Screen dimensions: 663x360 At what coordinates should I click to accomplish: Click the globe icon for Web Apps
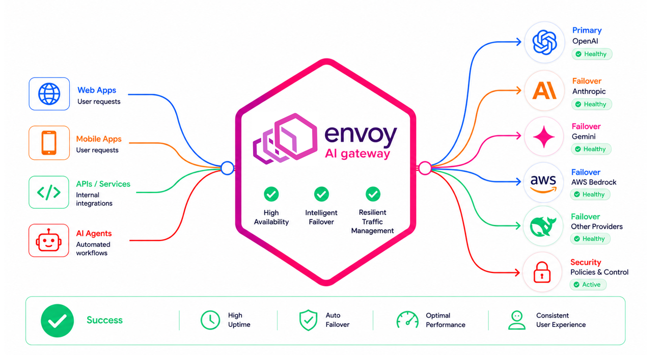pos(49,94)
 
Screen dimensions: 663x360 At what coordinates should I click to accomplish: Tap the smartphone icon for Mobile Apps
pos(49,143)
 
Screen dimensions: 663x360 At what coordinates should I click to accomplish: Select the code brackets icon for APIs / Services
pos(49,192)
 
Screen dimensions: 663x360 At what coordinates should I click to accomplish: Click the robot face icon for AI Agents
pos(48,240)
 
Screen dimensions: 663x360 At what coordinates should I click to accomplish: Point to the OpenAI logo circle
pos(544,42)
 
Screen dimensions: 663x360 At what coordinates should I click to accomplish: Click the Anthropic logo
pos(544,90)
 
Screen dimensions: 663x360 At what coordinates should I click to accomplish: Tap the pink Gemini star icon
pos(544,136)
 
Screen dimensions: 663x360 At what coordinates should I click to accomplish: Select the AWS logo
pos(543,183)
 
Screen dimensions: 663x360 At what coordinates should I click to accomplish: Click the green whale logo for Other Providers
pos(543,227)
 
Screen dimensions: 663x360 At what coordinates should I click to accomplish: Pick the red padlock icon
pos(542,272)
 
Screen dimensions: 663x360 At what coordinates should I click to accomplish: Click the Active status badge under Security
pos(588,285)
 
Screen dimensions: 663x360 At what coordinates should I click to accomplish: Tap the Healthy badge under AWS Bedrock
pos(590,194)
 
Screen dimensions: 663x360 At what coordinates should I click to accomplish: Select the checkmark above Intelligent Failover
pos(321,194)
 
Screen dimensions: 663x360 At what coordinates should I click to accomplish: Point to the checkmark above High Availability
pos(271,194)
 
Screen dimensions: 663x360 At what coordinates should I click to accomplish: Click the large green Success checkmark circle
pos(57,321)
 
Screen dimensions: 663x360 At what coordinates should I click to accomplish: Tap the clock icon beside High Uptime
pos(210,320)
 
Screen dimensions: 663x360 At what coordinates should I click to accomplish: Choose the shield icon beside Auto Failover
pos(308,320)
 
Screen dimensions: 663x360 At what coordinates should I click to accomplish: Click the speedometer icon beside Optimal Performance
pos(407,320)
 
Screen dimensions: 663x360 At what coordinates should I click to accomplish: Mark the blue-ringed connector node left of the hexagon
pos(227,168)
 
